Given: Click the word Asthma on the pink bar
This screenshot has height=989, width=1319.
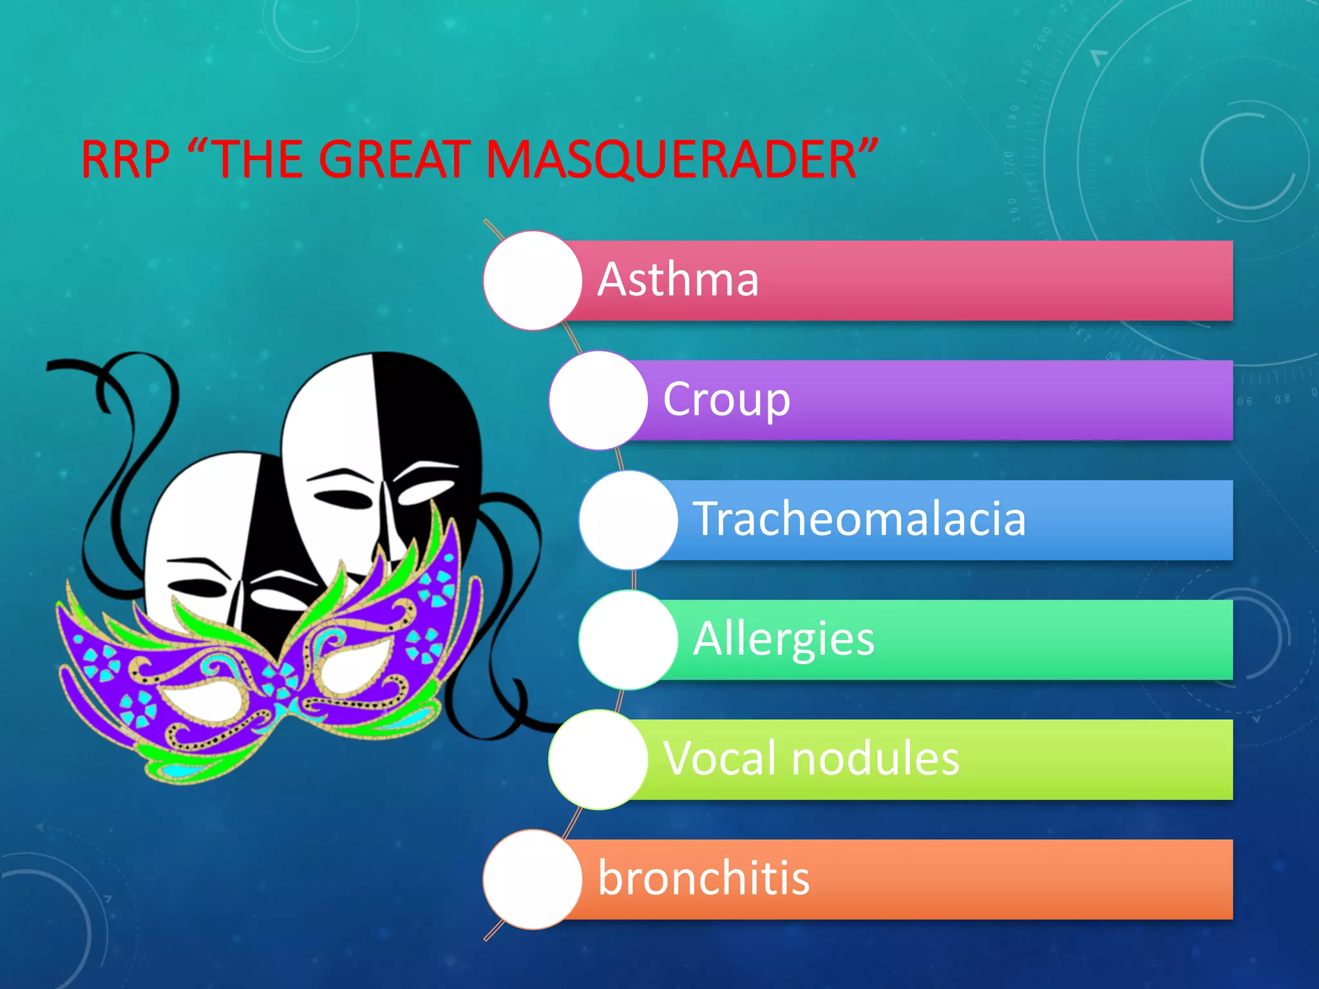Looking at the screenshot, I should [678, 280].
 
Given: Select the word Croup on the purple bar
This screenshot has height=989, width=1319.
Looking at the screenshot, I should [726, 400].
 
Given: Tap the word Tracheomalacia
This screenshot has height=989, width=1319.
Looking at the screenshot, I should [859, 519].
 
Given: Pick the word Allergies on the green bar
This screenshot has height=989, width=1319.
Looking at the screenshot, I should [784, 639].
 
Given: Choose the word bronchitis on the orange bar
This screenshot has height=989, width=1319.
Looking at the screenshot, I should [703, 878].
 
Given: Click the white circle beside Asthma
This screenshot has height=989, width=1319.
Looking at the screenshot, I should [533, 281].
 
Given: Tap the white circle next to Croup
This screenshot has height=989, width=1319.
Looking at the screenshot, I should [598, 400].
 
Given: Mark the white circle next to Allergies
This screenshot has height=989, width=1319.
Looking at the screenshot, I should [628, 640].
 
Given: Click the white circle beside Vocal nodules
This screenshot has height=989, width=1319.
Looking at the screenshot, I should [598, 760].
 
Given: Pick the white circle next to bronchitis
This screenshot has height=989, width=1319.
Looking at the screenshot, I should [533, 880].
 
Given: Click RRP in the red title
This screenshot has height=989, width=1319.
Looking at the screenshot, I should [126, 160].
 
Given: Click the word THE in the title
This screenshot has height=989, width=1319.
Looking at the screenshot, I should [258, 160].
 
